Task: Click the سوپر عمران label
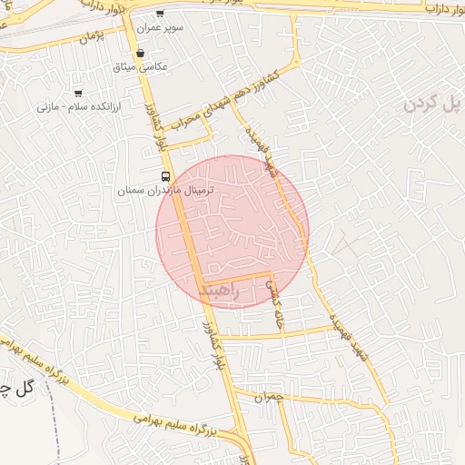pos(161,28)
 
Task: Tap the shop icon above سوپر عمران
pos(161,14)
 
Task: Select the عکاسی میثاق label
pos(135,67)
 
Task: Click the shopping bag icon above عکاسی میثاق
pos(139,53)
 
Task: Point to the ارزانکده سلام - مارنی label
pos(72,106)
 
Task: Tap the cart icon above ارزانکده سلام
pos(78,93)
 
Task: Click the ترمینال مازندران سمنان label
pos(165,192)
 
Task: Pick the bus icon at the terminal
pos(164,176)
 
